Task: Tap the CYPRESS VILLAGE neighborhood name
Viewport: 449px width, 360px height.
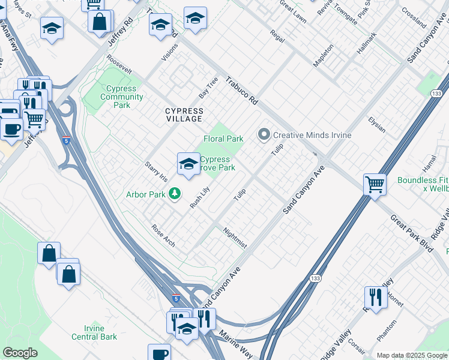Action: (184, 115)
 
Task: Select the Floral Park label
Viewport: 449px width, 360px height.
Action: (223, 139)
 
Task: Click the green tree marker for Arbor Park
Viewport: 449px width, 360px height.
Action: (175, 194)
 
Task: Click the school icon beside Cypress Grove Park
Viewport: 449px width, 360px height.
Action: (188, 164)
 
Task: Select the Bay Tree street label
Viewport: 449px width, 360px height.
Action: (208, 88)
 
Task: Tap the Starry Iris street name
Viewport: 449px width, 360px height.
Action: (155, 170)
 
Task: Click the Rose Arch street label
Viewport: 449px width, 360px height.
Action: (163, 235)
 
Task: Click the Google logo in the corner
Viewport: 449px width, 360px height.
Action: (20, 353)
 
